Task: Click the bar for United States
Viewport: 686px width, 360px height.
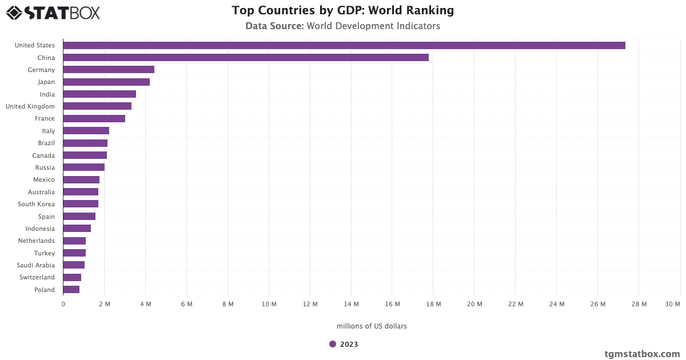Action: coord(344,45)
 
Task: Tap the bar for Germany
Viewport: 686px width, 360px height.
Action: coord(109,70)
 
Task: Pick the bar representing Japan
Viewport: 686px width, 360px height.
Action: coord(106,82)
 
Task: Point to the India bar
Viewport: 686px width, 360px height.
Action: coord(99,94)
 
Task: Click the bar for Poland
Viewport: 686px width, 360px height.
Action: coord(71,290)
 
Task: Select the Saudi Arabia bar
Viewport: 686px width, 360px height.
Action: coord(74,265)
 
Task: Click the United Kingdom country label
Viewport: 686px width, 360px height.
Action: coord(30,106)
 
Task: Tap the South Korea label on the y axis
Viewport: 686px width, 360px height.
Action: coord(37,204)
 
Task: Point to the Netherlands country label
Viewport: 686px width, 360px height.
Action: coord(37,241)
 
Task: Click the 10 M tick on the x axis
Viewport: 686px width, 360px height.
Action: coord(269,305)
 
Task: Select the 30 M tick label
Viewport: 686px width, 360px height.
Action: coord(672,305)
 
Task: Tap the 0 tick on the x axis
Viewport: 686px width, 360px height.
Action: coord(63,305)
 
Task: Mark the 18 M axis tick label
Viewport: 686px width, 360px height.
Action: coord(433,305)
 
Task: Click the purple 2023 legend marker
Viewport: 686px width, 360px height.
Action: coord(333,344)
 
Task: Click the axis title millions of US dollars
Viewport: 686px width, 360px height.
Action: coord(372,326)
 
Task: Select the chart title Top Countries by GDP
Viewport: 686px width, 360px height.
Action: coord(343,10)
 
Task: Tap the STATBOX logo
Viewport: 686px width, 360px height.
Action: coord(53,13)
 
